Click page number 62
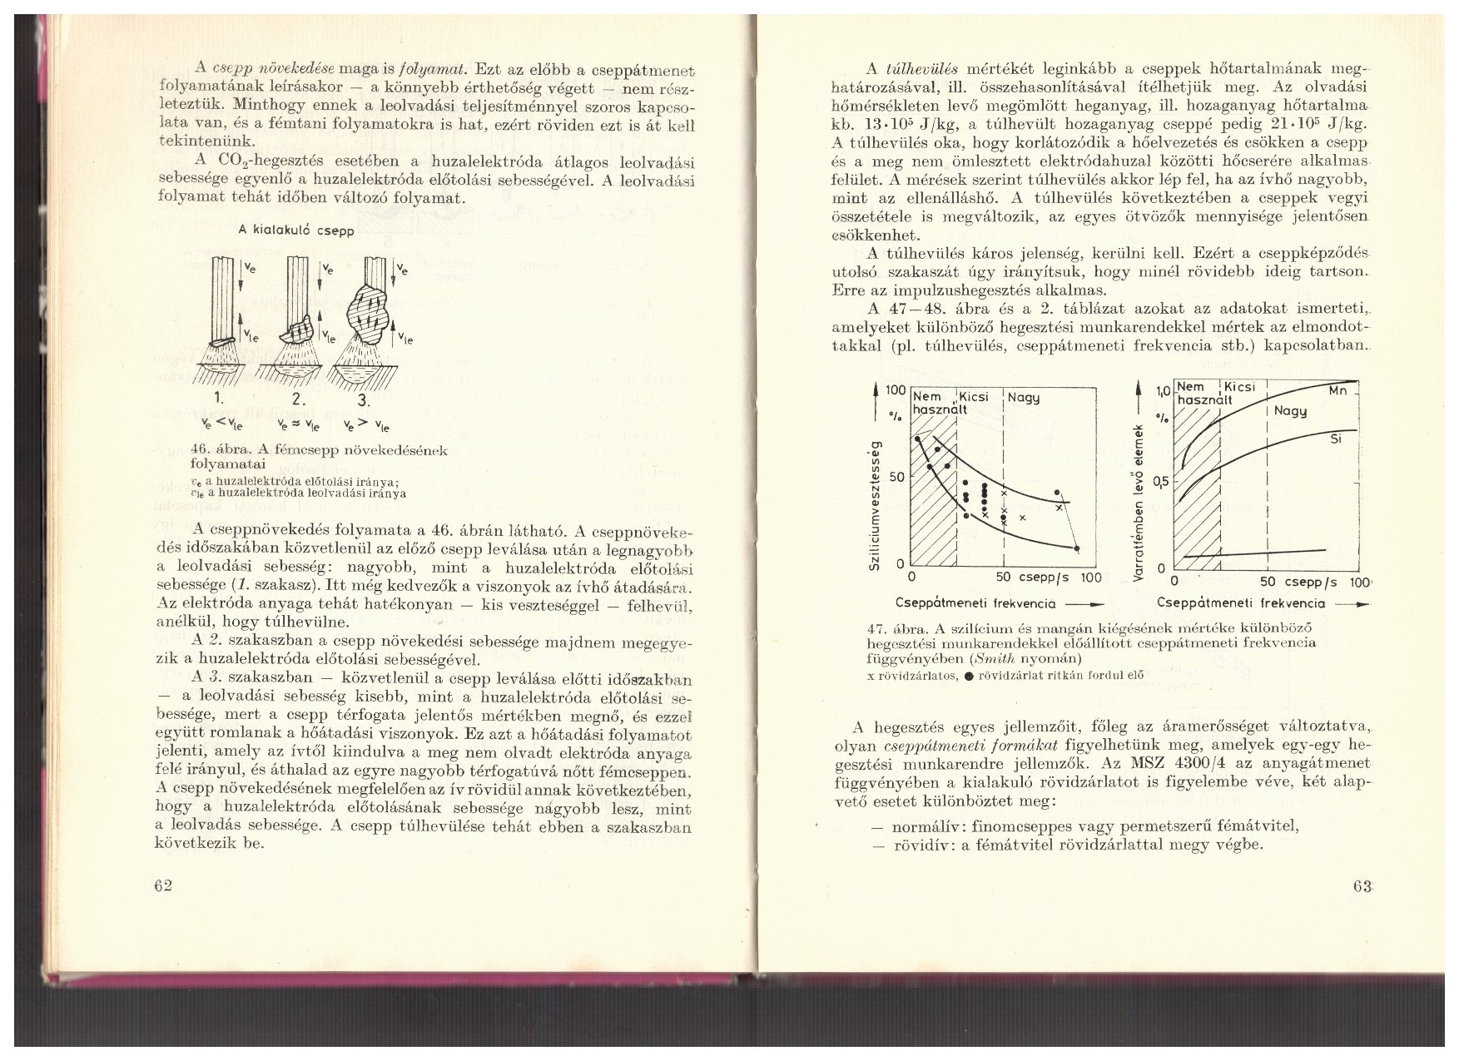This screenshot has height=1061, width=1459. click(x=163, y=885)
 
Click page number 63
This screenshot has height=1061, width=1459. click(x=1362, y=887)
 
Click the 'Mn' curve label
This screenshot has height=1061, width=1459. click(x=1338, y=390)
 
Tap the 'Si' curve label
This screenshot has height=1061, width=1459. click(x=1336, y=439)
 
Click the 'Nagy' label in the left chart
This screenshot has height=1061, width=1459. click(x=1024, y=398)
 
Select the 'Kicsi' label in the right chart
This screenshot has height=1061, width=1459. click(x=1239, y=388)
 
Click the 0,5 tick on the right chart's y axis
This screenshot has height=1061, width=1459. click(x=1160, y=482)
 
